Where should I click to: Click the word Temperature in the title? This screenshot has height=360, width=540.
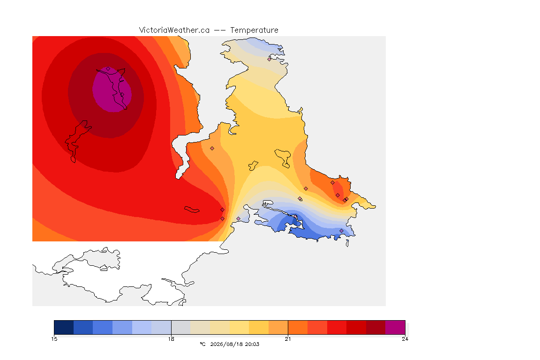(254, 30)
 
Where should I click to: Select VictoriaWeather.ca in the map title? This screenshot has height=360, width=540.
(174, 30)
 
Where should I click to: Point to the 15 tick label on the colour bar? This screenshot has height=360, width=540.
(54, 339)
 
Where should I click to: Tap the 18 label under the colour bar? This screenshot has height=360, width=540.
(171, 339)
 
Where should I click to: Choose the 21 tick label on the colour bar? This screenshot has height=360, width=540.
(288, 339)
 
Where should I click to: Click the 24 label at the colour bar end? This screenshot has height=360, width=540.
(405, 339)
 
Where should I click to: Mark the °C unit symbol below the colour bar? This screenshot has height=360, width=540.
(203, 344)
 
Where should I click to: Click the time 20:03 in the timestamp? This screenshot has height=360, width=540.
(252, 344)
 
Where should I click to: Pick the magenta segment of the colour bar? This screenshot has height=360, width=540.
(395, 327)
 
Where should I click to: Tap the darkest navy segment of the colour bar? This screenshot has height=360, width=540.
(64, 327)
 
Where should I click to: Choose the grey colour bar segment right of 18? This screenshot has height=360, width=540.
(181, 327)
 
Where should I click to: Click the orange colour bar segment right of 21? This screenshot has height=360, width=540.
(298, 327)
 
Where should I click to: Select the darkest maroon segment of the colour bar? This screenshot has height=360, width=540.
(376, 327)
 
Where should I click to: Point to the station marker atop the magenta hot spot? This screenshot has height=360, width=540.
(108, 69)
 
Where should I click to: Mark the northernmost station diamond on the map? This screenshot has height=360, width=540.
(270, 59)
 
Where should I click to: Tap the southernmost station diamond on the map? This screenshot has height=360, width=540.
(341, 231)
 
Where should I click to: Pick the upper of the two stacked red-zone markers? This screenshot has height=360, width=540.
(223, 210)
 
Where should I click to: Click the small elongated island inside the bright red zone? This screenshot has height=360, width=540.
(192, 210)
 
